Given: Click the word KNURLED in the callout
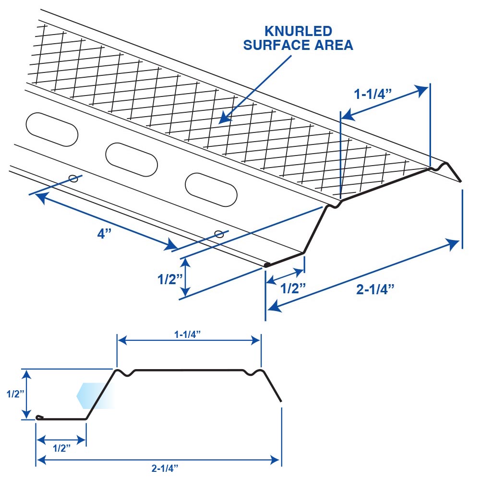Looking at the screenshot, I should point(298,32).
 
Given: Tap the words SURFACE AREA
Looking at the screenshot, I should point(298,46).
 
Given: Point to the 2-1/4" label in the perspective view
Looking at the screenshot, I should point(375,289).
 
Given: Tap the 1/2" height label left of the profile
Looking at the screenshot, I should point(16,394).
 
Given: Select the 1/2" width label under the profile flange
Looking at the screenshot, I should point(61,448).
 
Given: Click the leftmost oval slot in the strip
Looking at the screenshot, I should point(51,129).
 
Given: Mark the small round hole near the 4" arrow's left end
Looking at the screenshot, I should point(73,179).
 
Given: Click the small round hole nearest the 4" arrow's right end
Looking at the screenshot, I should point(219,234).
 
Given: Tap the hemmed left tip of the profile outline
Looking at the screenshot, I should point(38,418).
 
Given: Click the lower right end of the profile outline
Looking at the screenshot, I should point(280,400).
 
